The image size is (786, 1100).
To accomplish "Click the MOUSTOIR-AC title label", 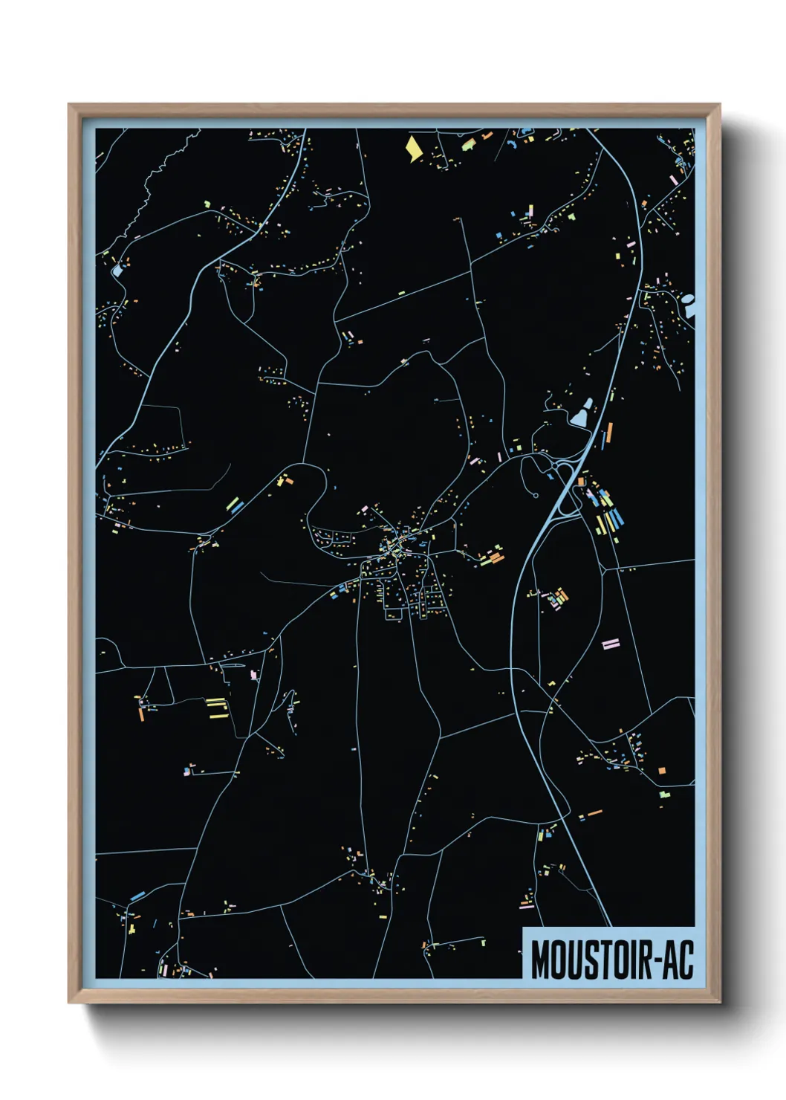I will tap(611, 959).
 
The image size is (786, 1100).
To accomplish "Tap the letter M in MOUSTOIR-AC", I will tap(542, 960).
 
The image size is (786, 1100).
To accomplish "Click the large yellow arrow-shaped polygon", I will tap(413, 147).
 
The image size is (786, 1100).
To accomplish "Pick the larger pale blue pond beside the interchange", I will tap(580, 415).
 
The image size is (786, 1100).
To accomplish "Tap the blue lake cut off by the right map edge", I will tap(689, 305).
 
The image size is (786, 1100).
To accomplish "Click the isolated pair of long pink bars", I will tap(610, 643).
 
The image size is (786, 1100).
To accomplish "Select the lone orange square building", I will tap(661, 771).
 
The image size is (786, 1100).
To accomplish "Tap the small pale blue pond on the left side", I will tap(117, 270).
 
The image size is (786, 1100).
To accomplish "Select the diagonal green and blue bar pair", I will tap(235, 505).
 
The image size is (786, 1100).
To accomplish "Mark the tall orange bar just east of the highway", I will tap(610, 433).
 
